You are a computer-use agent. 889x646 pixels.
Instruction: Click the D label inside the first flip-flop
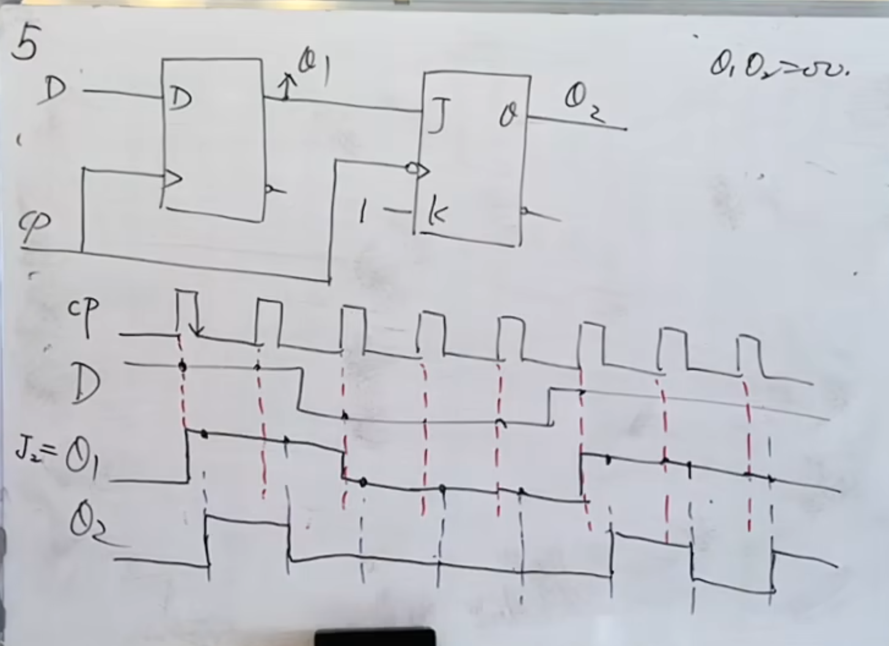tap(180, 99)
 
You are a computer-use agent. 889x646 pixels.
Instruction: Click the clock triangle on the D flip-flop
tap(172, 179)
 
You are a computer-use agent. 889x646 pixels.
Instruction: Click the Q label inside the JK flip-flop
tap(507, 116)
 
